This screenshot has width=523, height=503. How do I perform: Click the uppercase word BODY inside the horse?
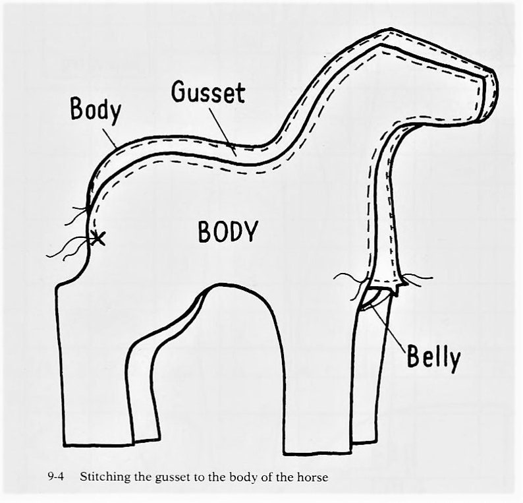[228, 231]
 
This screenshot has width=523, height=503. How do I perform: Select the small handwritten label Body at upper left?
[95, 109]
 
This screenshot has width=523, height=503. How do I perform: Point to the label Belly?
[433, 357]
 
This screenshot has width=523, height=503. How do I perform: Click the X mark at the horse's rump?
[97, 239]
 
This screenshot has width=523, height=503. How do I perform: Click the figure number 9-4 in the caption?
[56, 477]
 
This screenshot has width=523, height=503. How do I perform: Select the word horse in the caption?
[312, 477]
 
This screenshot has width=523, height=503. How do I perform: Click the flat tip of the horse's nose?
[489, 94]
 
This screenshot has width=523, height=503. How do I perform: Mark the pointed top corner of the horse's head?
[390, 30]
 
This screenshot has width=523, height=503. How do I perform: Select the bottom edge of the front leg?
[317, 454]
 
